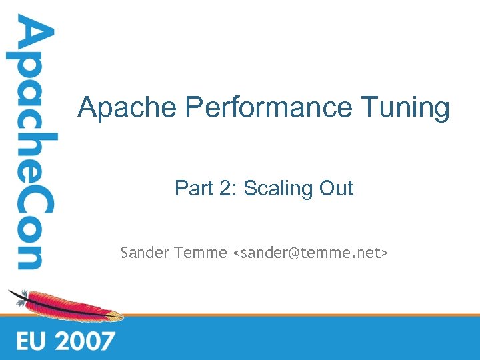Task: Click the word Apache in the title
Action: tap(127, 107)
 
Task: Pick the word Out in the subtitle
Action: tap(336, 189)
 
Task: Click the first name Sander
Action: tap(144, 253)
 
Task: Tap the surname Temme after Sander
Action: tap(200, 253)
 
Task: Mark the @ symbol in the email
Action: tap(294, 253)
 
